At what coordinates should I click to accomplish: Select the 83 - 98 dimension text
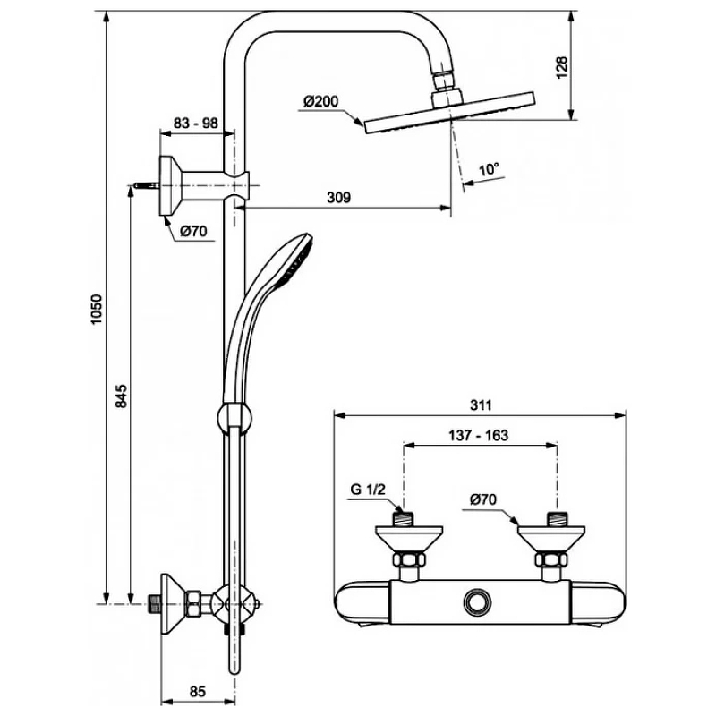point(196,124)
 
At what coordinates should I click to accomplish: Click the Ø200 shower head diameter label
point(320,101)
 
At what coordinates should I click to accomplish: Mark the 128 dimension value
point(562,66)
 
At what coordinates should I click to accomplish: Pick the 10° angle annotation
point(488,168)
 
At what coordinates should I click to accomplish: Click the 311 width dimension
point(481,405)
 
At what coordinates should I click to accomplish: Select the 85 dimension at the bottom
point(198,690)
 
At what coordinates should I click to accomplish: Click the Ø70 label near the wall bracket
point(193,231)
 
